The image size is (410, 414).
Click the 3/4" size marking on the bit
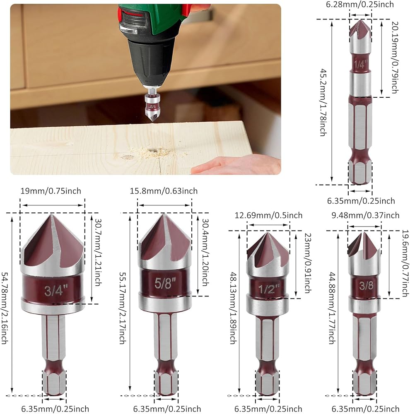pos(56,290)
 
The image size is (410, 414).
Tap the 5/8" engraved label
pos(165,283)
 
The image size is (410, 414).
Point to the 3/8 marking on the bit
pos(366,285)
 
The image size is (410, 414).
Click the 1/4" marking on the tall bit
pos(361,64)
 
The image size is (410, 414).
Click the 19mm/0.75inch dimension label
pos(51,191)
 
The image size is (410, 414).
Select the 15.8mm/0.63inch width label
pos(164,191)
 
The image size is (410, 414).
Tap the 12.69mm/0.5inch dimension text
pos(268,215)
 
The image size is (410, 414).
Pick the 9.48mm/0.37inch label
pos(365,215)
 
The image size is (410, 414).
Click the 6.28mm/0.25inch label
pos(360,5)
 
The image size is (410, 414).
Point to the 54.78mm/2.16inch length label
pos(5,308)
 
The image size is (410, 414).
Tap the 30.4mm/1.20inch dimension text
pos(205,252)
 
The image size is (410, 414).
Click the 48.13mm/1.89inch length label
pos(232,308)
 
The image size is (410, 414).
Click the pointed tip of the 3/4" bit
pos(51,214)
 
